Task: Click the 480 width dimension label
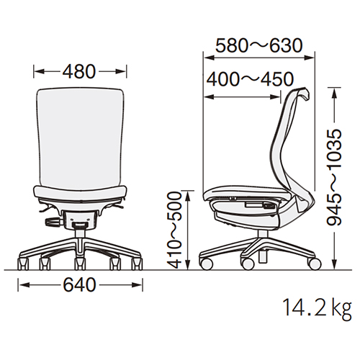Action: [79, 71]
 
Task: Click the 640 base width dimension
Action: [79, 285]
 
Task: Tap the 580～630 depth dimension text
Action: [259, 45]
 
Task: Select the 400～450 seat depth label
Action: [250, 79]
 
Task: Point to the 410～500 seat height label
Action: [174, 230]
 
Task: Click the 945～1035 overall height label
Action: [334, 177]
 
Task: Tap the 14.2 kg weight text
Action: [317, 308]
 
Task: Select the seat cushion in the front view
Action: [79, 192]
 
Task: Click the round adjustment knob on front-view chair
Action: [54, 222]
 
